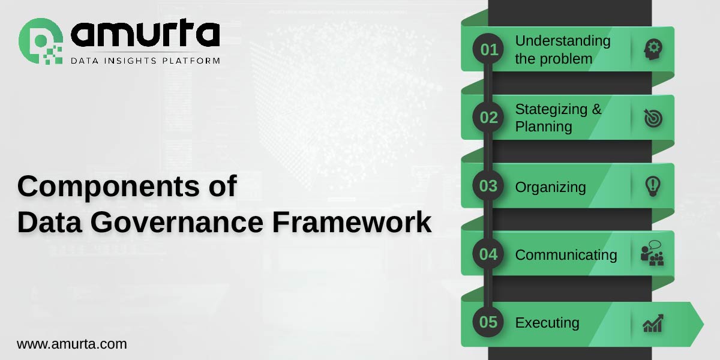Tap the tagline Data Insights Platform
[145, 61]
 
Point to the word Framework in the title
[352, 222]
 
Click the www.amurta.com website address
[71, 344]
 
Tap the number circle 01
[489, 50]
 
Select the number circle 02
[489, 118]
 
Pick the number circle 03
[489, 186]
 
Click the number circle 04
[489, 254]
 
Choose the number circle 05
[489, 322]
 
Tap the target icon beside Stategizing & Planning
[653, 118]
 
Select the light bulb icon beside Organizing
[652, 186]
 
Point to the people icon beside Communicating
[652, 254]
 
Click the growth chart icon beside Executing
[653, 323]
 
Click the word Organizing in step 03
[550, 187]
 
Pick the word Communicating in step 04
[566, 255]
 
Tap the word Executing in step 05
[547, 323]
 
